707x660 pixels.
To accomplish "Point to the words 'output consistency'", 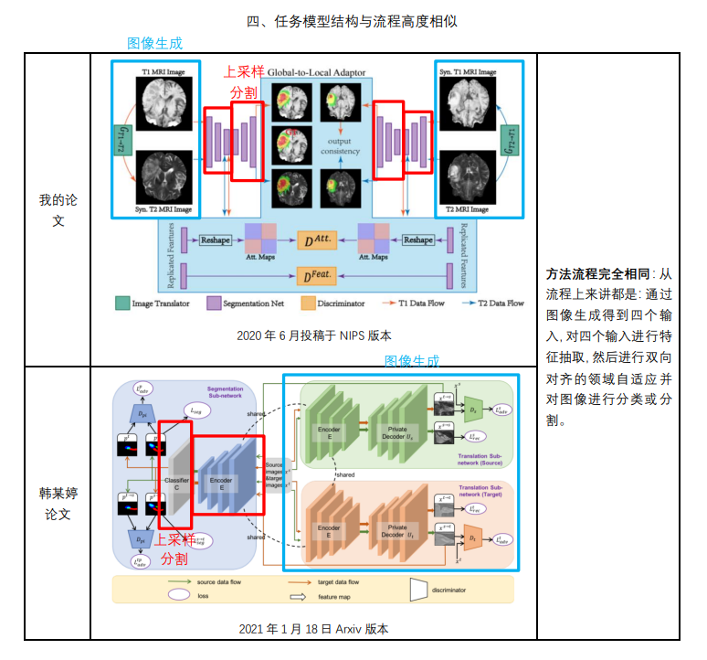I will pos(341,145).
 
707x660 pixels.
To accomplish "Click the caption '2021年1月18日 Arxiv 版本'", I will pos(312,628).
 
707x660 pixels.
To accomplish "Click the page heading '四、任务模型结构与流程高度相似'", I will pos(353,20).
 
